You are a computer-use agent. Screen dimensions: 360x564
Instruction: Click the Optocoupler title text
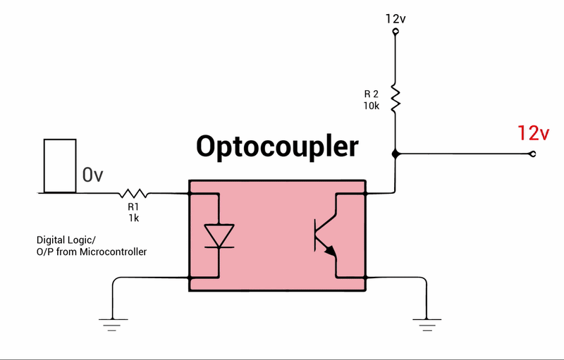tap(277, 147)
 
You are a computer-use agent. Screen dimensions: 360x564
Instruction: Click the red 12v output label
tap(533, 132)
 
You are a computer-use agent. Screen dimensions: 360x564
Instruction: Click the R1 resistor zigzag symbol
tap(133, 192)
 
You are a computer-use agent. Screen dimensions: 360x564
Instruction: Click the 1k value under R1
tap(133, 218)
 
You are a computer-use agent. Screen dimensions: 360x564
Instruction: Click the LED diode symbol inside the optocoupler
tap(219, 235)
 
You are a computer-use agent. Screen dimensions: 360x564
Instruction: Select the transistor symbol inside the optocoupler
tap(324, 235)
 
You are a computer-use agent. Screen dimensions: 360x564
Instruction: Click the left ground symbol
tap(111, 323)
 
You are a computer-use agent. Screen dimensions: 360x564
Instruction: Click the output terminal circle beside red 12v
tap(532, 154)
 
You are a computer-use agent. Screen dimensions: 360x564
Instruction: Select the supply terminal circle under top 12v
tap(395, 32)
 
